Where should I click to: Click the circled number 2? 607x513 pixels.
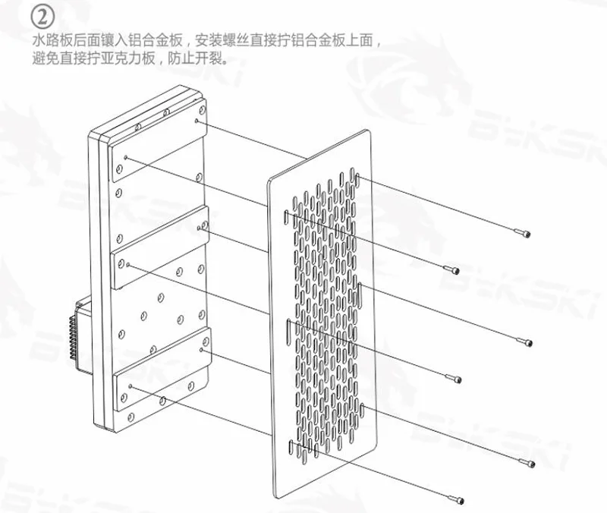[42, 17]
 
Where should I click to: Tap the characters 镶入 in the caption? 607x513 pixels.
[114, 40]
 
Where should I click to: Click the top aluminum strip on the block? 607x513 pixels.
[159, 140]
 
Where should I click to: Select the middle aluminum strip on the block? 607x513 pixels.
[160, 248]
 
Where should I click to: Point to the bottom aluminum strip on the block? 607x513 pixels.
[162, 370]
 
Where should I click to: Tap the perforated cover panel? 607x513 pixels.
[322, 314]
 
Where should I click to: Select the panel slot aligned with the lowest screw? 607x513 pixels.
[291, 447]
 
